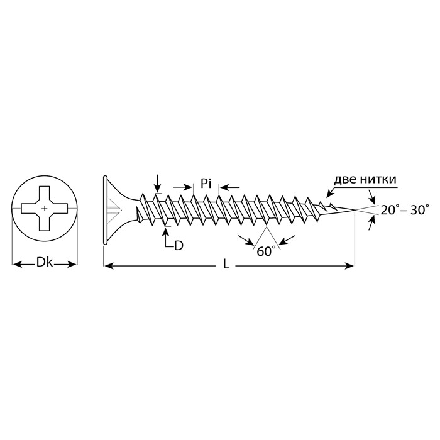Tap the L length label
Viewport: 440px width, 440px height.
[226, 265]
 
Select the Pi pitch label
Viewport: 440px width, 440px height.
[206, 184]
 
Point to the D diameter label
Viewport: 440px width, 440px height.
[179, 246]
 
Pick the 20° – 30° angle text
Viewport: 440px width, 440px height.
[405, 210]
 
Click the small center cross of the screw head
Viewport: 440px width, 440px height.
[45, 208]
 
